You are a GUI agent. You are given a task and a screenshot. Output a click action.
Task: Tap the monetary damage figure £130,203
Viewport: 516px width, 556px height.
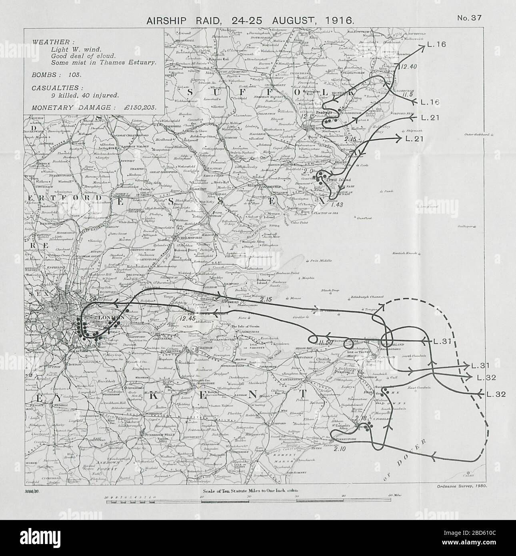tap(137, 107)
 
